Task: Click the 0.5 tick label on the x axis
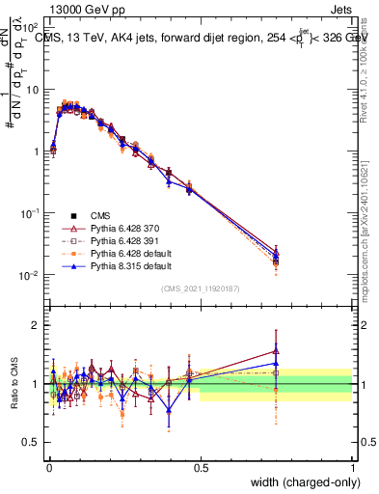tap(201, 468)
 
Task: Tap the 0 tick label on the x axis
tap(48, 468)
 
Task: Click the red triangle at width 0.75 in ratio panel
tap(276, 351)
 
